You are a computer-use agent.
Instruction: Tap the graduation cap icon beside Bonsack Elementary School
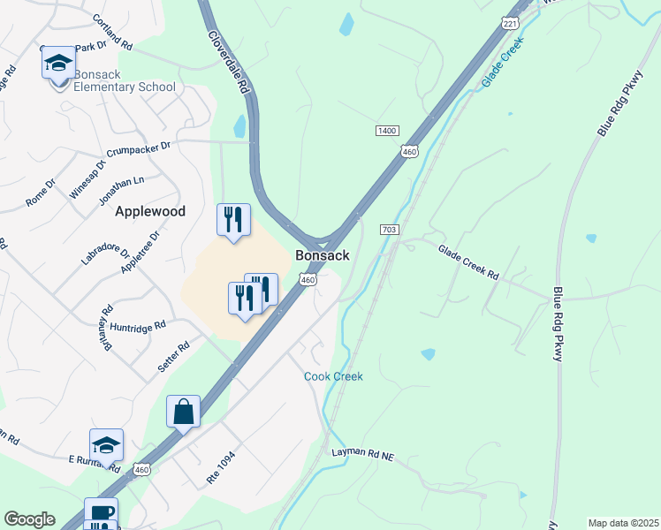click(x=59, y=63)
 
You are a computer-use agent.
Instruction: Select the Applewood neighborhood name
click(x=150, y=211)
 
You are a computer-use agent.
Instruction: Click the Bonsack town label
click(x=322, y=255)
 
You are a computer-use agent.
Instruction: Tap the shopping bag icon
click(x=183, y=411)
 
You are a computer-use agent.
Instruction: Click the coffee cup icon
click(x=101, y=513)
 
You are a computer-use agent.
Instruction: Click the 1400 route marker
click(x=386, y=131)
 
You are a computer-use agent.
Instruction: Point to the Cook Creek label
click(x=333, y=376)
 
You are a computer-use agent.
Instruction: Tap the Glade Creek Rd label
click(x=468, y=262)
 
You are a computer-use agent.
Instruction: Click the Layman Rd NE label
click(x=361, y=453)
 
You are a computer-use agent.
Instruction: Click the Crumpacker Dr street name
click(x=139, y=148)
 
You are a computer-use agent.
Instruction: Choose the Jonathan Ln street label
click(x=123, y=187)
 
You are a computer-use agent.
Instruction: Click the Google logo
click(x=29, y=519)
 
